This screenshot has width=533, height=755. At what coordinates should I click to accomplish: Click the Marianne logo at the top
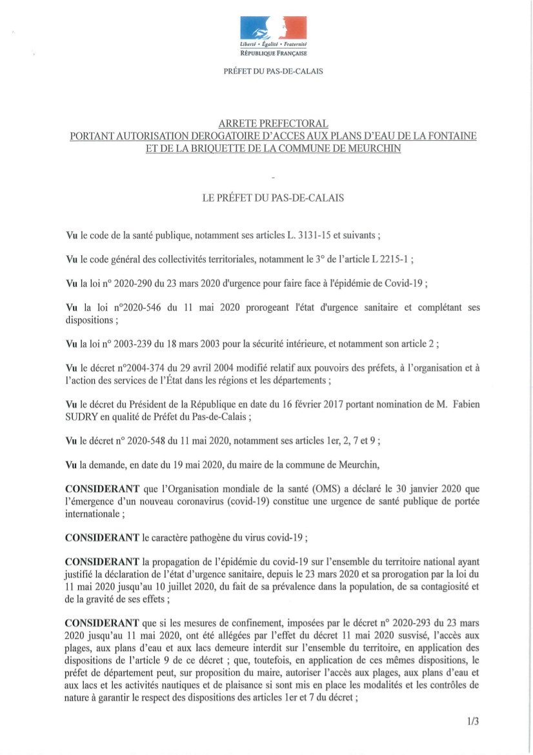tap(273, 28)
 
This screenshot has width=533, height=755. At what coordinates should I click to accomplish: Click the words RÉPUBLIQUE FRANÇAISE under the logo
tap(273, 54)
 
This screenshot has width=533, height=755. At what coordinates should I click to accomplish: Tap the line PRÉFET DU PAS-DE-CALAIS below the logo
tap(273, 72)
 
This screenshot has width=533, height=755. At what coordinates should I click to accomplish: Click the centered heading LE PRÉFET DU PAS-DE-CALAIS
tap(273, 198)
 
